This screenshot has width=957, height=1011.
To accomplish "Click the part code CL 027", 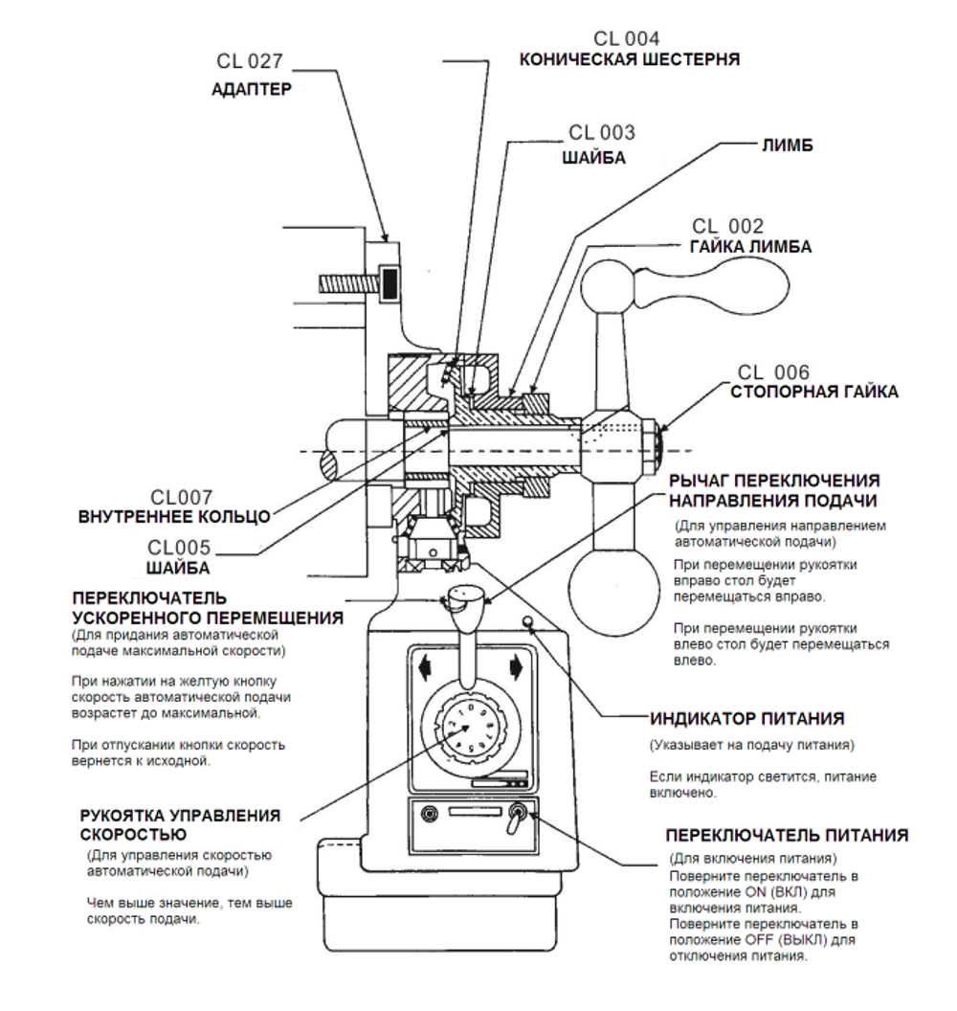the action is (x=250, y=61).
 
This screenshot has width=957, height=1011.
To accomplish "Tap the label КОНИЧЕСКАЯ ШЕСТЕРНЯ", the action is (x=629, y=60).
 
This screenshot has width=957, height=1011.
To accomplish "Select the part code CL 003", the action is (x=601, y=132).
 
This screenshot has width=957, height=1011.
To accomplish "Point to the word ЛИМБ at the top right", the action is (x=788, y=146).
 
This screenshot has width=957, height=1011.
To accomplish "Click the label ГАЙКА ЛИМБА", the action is (x=750, y=247).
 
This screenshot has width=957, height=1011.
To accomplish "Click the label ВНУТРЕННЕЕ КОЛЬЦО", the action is (x=174, y=517).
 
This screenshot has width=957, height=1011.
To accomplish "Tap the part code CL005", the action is (x=179, y=548).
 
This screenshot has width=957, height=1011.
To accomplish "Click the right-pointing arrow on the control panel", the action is (x=516, y=668).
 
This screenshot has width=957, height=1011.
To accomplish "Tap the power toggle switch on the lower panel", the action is (x=516, y=818).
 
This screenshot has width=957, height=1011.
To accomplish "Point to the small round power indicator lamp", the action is (x=527, y=621).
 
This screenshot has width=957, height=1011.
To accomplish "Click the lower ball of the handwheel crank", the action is (x=613, y=588).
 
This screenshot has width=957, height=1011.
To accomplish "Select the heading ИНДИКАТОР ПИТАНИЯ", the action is (x=746, y=718).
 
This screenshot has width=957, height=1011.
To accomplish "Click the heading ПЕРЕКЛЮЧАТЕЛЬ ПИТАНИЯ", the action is (x=787, y=835).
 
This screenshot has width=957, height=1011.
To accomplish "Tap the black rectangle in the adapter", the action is (x=389, y=283).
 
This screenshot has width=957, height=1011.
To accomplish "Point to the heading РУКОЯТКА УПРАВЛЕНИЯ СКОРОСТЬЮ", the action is (x=181, y=824).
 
